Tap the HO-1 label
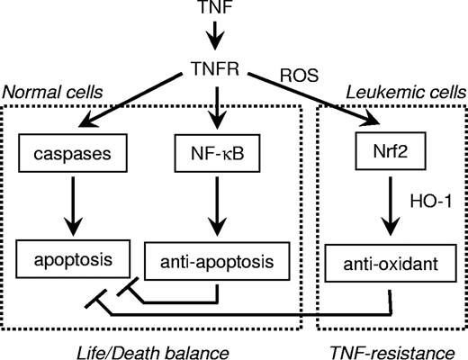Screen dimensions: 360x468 click(x=423, y=205)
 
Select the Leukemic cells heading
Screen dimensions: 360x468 click(x=406, y=93)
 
